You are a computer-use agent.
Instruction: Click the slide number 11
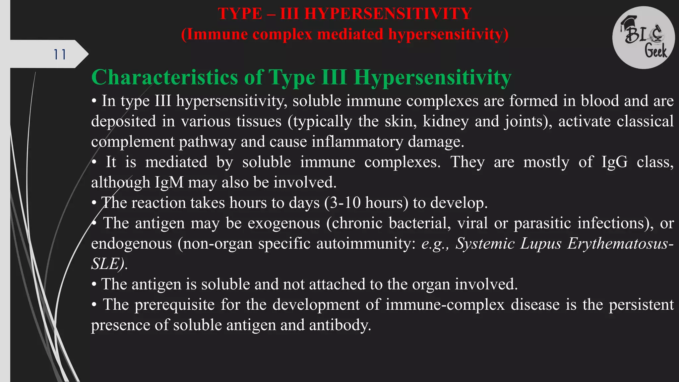point(60,54)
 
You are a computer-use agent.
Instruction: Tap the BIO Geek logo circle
point(643,37)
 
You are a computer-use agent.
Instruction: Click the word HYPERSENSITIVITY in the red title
point(388,14)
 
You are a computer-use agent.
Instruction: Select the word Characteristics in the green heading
point(165,78)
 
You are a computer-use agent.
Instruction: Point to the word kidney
point(446,121)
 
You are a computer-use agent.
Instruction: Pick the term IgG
point(614,162)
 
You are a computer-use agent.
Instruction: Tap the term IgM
point(169,182)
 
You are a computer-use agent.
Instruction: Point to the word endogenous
point(131,244)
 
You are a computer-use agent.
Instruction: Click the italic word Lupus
point(541,244)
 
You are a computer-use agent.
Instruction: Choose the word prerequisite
point(175,305)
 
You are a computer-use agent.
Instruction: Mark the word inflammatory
point(357,142)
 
